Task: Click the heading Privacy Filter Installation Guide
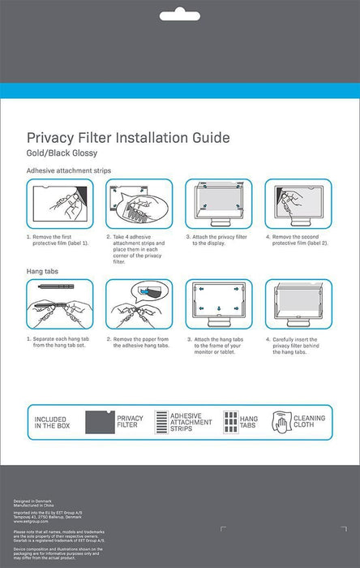(129, 138)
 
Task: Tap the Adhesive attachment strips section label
(69, 171)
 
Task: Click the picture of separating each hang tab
(59, 305)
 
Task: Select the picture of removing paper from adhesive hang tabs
(139, 305)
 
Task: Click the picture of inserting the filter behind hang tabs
(298, 305)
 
